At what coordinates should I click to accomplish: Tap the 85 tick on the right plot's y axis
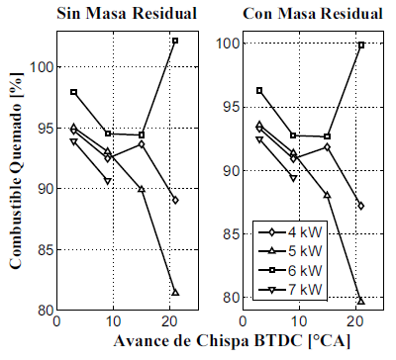(x=231, y=234)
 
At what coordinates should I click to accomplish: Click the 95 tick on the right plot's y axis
(x=231, y=108)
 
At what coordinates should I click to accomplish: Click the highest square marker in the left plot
(x=175, y=41)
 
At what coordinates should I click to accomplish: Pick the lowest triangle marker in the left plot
(x=175, y=293)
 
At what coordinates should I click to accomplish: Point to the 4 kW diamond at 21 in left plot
(x=175, y=200)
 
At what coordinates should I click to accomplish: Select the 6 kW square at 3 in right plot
(x=259, y=90)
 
